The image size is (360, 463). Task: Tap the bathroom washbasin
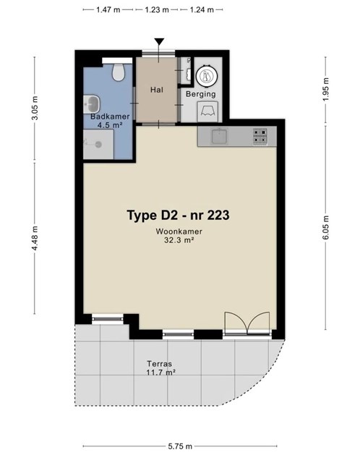point(92,104)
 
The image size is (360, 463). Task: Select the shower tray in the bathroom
point(98,145)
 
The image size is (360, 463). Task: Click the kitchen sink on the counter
point(219,136)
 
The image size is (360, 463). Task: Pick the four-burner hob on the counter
point(260,136)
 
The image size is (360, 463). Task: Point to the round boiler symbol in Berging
point(207,75)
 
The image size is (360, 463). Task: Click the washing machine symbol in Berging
point(207,111)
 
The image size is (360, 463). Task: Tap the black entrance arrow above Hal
point(159,42)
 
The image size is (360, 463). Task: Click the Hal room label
point(157,90)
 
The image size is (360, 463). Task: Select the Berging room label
point(201,94)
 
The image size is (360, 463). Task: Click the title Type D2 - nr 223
point(178,215)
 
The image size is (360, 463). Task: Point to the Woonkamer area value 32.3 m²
point(179,240)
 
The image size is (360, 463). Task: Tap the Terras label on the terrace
point(160,364)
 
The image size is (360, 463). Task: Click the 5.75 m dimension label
point(180,446)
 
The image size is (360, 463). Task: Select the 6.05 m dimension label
point(325,228)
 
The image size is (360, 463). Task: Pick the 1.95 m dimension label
point(325,90)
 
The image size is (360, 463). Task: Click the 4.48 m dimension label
point(35,238)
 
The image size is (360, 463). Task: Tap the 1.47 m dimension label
point(108,9)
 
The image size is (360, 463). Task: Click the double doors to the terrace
point(247,323)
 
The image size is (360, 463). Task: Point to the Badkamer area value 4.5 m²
point(110,125)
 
